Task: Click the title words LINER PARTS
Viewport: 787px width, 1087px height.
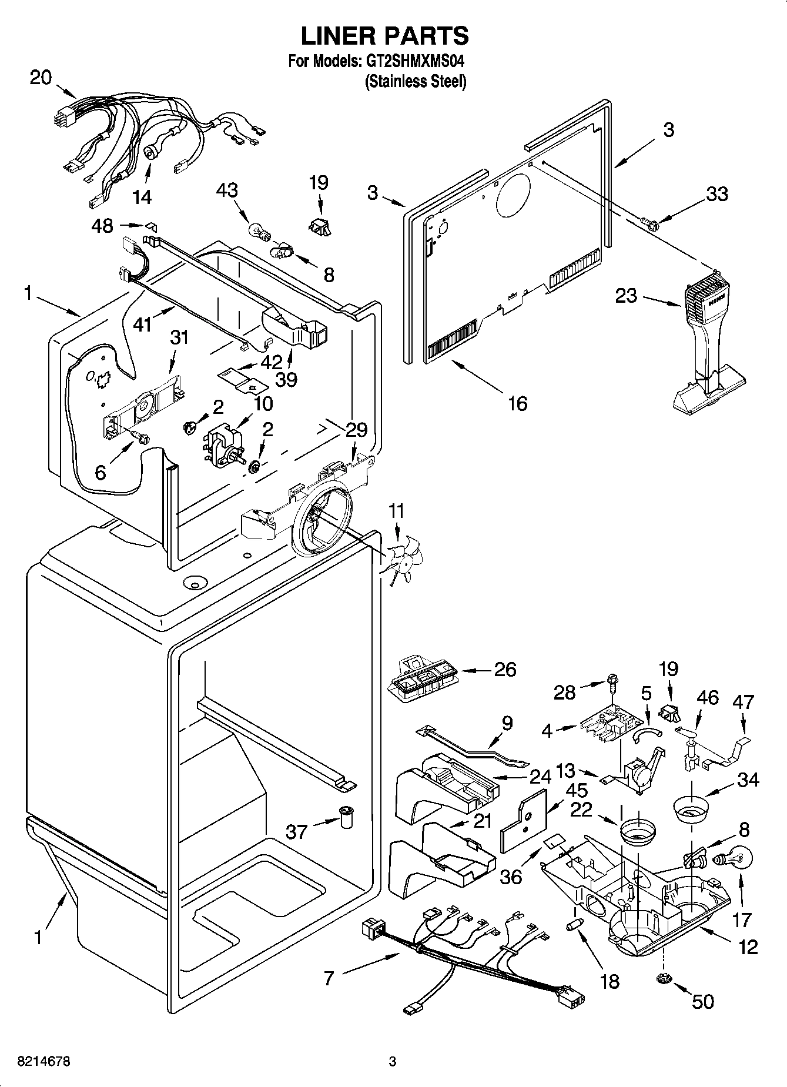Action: tap(385, 36)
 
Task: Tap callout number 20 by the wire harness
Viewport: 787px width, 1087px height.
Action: tap(41, 77)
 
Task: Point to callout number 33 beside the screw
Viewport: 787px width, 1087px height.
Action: tap(716, 194)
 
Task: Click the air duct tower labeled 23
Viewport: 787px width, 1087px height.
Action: tap(705, 347)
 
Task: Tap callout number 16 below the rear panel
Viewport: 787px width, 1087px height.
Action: tap(518, 403)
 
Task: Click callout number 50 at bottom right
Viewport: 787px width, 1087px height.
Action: tap(703, 1001)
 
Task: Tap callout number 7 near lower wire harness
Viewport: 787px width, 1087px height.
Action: tap(329, 978)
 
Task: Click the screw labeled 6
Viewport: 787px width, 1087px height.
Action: tap(140, 437)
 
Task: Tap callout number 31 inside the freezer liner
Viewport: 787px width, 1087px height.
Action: tap(179, 337)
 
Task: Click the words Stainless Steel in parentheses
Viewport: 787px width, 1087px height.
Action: tap(416, 82)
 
